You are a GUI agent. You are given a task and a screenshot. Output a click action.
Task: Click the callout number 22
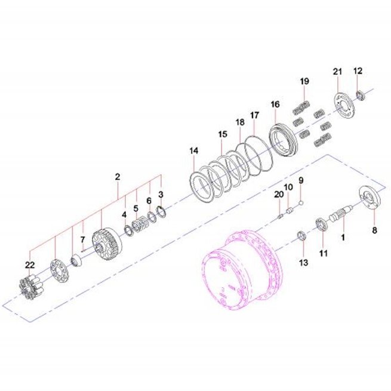(x=30, y=265)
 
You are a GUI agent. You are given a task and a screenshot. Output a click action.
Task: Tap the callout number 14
(x=194, y=150)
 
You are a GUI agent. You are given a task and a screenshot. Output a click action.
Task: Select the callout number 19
(x=304, y=81)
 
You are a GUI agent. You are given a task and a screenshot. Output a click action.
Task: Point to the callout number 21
(x=338, y=72)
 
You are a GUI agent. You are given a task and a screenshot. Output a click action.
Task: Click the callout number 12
(x=358, y=71)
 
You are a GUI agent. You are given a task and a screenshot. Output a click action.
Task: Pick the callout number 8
(x=374, y=230)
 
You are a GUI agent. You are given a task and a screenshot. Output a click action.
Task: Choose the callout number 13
(x=303, y=262)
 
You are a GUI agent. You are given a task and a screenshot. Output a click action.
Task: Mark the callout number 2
(x=118, y=177)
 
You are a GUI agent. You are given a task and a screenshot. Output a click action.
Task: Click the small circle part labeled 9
(x=301, y=203)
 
